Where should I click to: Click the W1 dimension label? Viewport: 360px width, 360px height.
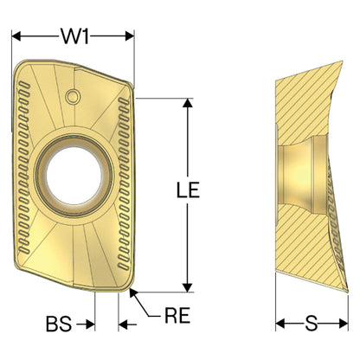coord(74,36)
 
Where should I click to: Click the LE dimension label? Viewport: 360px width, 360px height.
coord(188,190)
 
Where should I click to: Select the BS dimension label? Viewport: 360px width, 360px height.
coord(59,324)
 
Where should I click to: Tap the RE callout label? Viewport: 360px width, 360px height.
coord(177,315)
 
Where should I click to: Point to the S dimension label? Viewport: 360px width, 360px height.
coord(312,324)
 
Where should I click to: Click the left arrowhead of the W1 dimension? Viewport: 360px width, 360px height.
coord(16,36)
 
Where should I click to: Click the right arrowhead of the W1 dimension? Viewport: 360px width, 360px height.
coord(130,36)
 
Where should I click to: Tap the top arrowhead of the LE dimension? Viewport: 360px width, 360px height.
coord(188,103)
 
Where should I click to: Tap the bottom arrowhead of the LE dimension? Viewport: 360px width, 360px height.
coord(188,287)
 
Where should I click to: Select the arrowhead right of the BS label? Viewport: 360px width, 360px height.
coord(90,325)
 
